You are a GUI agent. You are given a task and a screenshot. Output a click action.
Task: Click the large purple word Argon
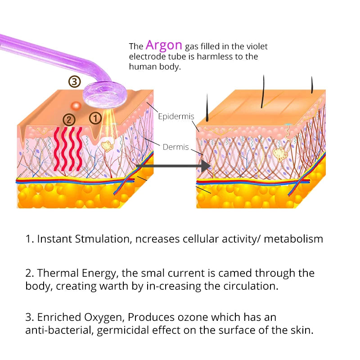click(164, 45)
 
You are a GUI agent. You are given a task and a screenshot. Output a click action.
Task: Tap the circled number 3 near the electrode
click(74, 82)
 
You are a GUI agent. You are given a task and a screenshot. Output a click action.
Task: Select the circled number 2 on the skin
click(69, 120)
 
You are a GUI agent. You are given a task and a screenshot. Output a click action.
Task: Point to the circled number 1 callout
click(95, 118)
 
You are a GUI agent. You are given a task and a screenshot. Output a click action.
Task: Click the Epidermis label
click(176, 117)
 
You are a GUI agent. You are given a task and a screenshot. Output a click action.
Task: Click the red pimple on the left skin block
click(76, 105)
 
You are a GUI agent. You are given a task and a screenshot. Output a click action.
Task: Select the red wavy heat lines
click(68, 148)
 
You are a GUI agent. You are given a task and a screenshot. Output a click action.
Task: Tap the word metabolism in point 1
click(293, 239)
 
